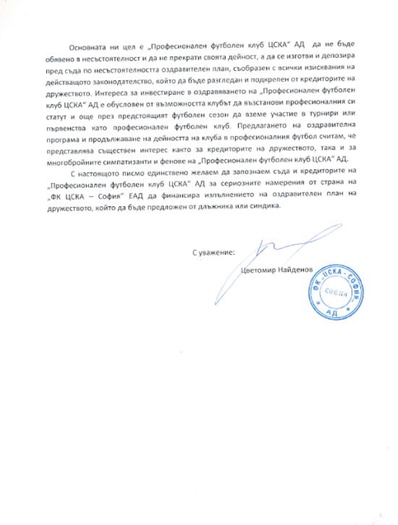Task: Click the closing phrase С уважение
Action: tap(213, 253)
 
